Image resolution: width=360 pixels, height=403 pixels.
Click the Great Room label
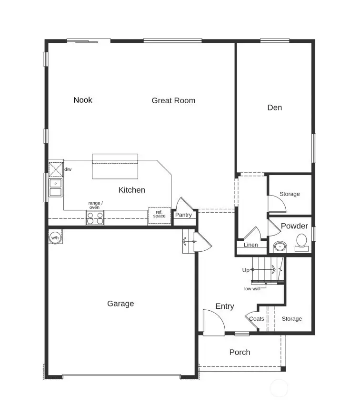173,100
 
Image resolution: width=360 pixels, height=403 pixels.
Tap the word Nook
83,100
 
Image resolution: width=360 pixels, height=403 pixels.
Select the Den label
274,108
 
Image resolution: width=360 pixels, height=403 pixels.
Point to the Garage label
120,304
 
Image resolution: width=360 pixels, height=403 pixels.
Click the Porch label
240,352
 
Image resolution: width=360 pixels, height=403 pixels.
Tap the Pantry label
183,215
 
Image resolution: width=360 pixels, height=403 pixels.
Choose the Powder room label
294,226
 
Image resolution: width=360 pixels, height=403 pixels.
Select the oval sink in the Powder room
280,247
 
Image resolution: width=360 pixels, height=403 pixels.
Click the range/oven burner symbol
95,218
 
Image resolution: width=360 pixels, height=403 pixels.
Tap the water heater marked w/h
55,237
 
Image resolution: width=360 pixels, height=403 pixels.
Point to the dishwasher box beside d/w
56,169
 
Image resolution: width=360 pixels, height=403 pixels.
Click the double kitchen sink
56,188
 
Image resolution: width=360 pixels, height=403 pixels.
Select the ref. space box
159,215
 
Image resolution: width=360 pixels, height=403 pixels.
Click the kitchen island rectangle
115,166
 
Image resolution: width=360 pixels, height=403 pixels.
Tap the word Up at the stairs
246,270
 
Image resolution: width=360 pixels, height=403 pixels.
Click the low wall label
252,289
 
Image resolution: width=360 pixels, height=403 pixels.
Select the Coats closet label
257,319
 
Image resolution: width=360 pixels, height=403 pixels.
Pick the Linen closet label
251,245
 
